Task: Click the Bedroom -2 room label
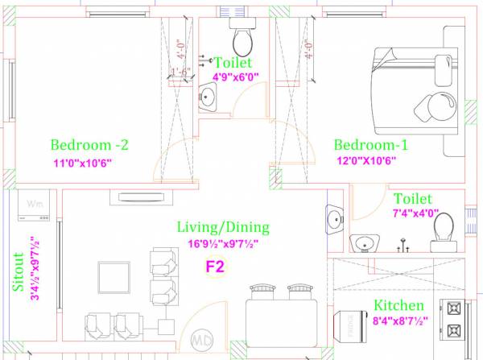pos(89,146)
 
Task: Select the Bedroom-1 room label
pos(370,145)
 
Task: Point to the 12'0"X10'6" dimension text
pos(369,161)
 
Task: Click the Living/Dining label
pos(223,228)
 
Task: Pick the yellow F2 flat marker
pos(216,266)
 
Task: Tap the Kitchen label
pos(398,306)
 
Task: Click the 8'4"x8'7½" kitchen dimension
pos(400,321)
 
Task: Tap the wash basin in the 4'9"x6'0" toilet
pos(208,99)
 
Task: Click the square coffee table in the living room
pos(114,278)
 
